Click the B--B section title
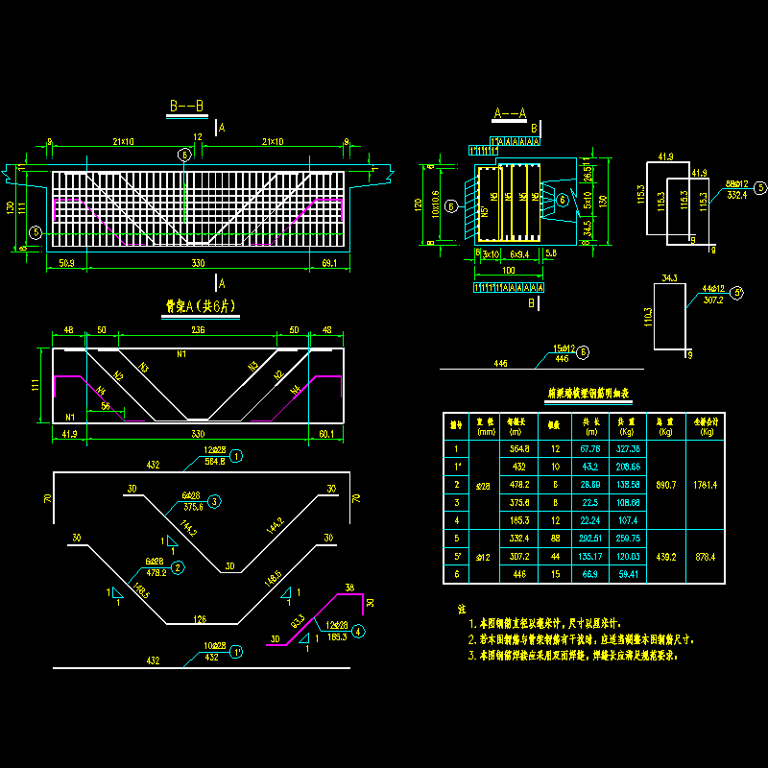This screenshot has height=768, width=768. (x=186, y=108)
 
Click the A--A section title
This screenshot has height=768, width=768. (x=509, y=113)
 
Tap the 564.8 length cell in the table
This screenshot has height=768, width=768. (x=519, y=448)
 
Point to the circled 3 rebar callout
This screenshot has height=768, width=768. (x=215, y=501)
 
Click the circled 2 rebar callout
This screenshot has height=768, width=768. (x=179, y=566)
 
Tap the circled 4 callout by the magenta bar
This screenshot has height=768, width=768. (x=358, y=631)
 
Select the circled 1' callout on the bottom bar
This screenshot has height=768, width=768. (x=236, y=650)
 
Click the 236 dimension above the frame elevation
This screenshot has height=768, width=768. (x=200, y=330)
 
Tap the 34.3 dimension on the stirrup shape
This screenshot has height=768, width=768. (x=670, y=278)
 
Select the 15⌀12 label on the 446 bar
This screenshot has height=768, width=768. (x=563, y=348)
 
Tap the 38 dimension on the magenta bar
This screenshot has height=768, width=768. (x=349, y=588)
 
